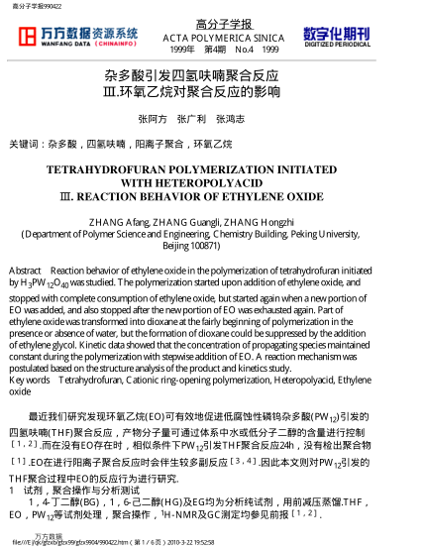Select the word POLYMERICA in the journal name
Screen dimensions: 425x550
pos(216,37)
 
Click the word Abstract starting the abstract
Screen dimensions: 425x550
pos(24,270)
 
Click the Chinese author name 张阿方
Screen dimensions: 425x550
pos(152,118)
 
